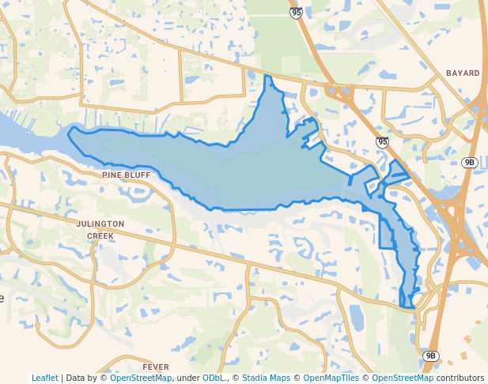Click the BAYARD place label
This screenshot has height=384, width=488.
(463, 73)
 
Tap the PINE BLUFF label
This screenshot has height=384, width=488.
(126, 175)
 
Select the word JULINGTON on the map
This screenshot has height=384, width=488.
(100, 224)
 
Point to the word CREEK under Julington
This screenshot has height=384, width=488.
(100, 235)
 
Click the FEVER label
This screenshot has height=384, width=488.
(156, 367)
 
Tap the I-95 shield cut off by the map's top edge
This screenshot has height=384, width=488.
(296, 13)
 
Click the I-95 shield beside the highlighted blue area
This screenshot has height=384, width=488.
(382, 142)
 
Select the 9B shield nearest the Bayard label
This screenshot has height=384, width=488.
(469, 163)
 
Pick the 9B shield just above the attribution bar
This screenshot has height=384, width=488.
(430, 356)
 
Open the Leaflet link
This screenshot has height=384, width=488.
(44, 378)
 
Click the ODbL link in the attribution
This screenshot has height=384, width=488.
(214, 378)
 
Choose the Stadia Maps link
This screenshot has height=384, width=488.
(266, 378)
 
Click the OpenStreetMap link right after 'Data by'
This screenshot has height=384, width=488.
(141, 378)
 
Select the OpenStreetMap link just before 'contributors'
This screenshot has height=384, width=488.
(403, 378)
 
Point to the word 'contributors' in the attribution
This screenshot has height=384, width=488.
(460, 378)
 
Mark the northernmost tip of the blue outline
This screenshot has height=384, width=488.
(267, 76)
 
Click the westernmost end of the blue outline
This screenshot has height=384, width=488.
(68, 134)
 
